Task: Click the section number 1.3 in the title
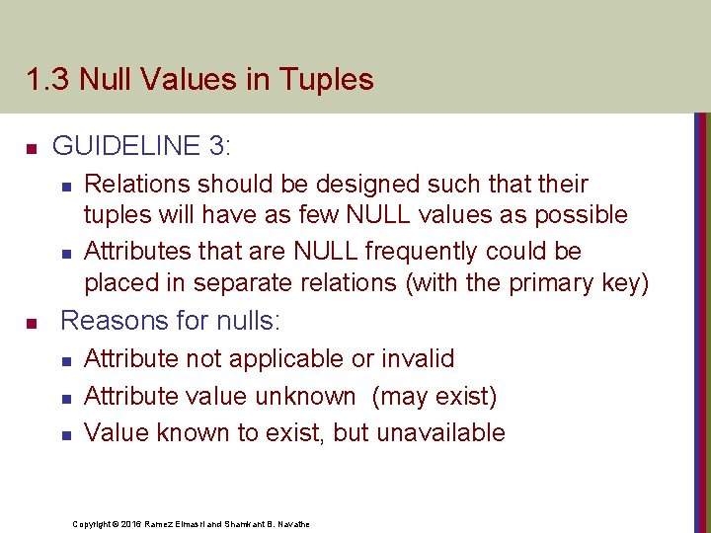click(x=44, y=79)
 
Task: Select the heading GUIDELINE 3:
click(x=142, y=146)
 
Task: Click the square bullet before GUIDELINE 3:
click(x=32, y=149)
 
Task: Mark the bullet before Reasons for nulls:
click(x=32, y=323)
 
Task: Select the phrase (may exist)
click(x=434, y=396)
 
